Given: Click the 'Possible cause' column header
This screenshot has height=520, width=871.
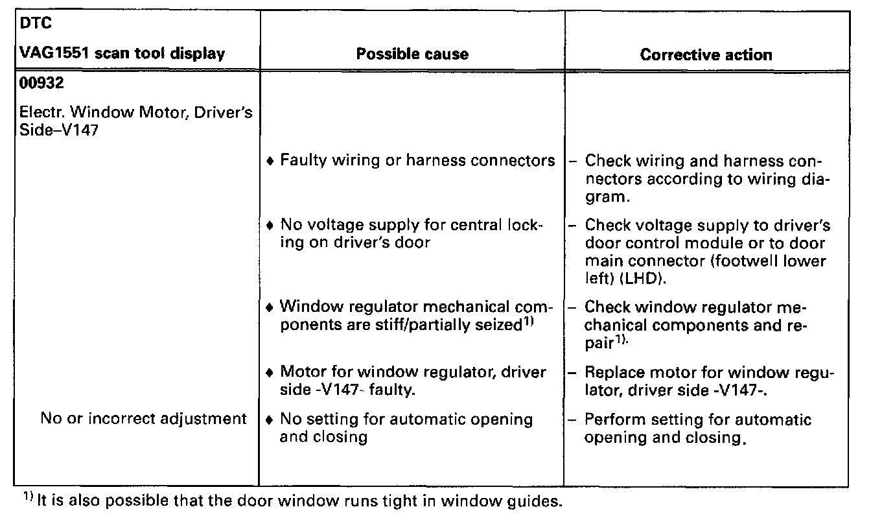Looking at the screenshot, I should [x=412, y=54].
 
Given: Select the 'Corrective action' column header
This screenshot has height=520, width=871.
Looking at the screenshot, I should [x=706, y=54].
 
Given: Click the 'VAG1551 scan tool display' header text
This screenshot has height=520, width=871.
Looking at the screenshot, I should [x=123, y=54].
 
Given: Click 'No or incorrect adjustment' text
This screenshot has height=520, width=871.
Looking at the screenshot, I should [x=143, y=419].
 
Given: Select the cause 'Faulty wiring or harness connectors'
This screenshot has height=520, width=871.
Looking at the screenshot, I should [x=417, y=160].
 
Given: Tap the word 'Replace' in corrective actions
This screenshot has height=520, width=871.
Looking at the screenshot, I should [x=612, y=373].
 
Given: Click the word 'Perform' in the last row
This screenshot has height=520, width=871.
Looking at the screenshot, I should [x=613, y=420].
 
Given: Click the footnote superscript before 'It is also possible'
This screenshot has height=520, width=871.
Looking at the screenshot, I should [x=28, y=497].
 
